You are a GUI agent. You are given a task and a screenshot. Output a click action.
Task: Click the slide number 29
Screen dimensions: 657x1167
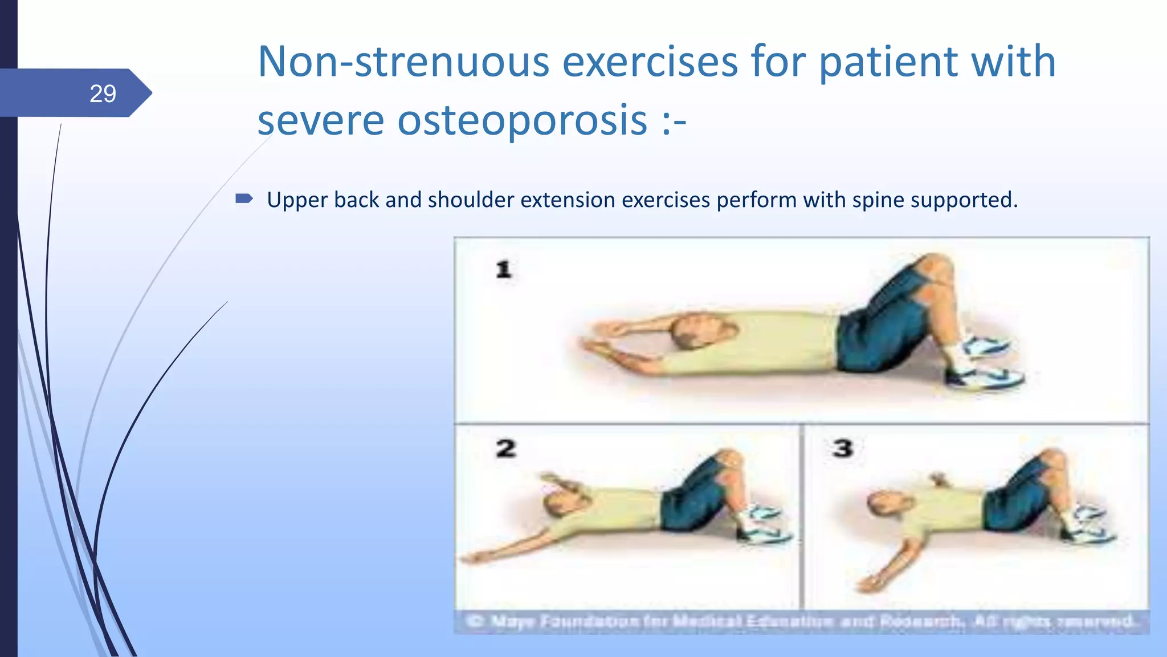pos(103,94)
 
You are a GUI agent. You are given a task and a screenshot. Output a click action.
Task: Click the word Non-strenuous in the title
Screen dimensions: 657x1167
pos(403,62)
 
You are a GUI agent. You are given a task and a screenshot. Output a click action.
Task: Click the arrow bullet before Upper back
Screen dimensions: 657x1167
pos(244,199)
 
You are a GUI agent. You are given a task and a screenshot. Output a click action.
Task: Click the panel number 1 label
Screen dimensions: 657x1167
pos(504,269)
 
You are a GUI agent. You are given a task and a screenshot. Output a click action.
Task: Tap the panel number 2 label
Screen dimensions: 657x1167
pos(505,448)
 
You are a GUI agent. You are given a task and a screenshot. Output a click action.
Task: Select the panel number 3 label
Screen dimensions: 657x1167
pos(842,448)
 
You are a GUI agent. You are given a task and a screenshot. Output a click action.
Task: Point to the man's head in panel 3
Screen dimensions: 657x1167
pos(885,504)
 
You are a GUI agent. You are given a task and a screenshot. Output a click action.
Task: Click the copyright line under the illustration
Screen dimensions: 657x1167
pos(801,621)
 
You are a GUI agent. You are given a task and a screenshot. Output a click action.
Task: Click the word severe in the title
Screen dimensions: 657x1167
pos(320,120)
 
